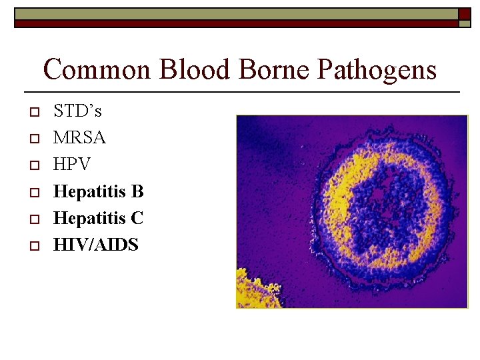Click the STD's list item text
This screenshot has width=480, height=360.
tap(77, 111)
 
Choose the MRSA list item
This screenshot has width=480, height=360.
tap(79, 138)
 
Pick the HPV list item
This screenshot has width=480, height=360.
tap(72, 165)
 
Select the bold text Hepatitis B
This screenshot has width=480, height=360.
tap(98, 192)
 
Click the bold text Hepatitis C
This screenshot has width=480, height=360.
tap(98, 219)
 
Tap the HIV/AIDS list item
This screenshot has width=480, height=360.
tap(96, 245)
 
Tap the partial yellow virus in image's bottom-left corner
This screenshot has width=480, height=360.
tap(253, 290)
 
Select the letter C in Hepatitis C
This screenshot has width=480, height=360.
tap(137, 219)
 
